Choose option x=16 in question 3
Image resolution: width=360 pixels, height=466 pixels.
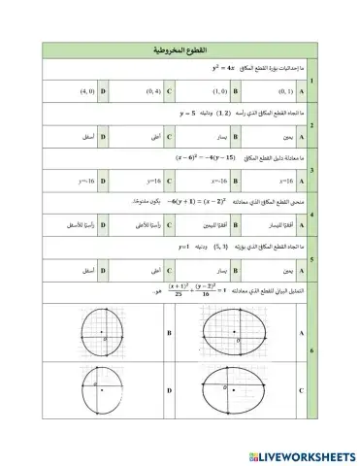pos(280,181)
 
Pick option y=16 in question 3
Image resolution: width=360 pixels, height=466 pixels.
pos(150,181)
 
